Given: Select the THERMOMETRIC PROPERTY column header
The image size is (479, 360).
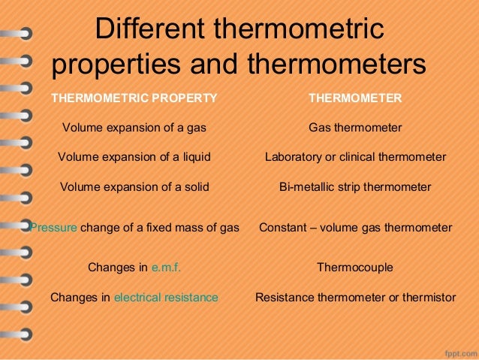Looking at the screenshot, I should pos(134,98).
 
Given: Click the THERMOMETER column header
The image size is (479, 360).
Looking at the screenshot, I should pos(355,98).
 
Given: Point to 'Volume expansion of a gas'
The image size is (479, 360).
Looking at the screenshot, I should pos(134,128).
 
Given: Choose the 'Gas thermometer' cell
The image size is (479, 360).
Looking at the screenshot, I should pos(355,128).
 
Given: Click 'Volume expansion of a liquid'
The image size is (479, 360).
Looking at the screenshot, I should pos(134,157).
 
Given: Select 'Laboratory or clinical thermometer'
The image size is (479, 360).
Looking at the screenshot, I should pos(355,157).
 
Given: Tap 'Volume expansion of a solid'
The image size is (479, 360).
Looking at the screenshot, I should pos(134,186).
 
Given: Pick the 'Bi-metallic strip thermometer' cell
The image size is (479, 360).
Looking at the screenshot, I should pos(355,186).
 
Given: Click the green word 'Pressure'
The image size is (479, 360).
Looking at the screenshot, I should pos(53,227).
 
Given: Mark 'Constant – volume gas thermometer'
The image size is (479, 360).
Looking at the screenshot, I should pos(355,227).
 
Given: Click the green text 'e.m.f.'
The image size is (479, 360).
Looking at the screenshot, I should pos(166,267).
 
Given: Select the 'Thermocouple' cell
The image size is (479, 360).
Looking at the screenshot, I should pos(355,267).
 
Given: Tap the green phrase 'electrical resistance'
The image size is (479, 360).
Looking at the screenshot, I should pos(166,298).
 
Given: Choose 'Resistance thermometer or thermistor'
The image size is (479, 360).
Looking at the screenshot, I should pos(355,298).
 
